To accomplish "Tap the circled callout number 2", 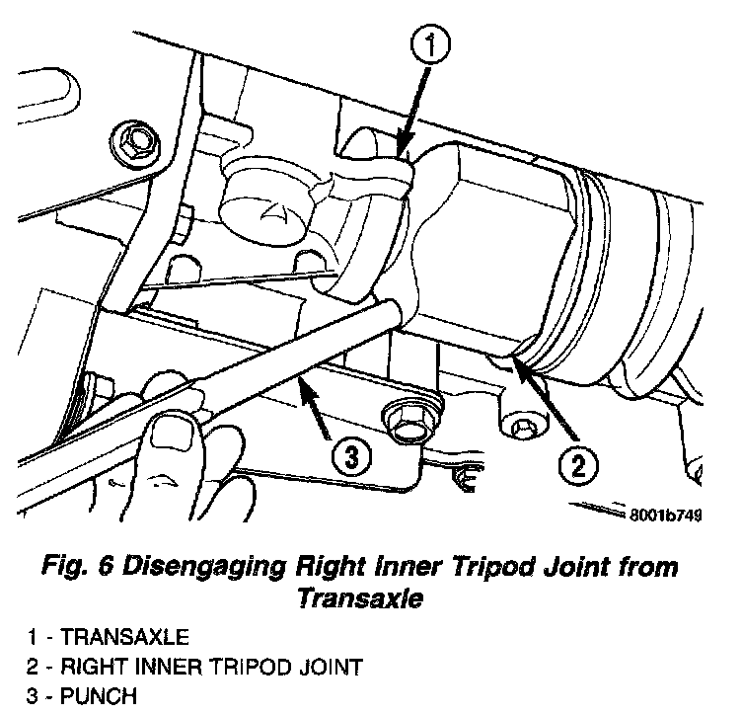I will click(x=579, y=462).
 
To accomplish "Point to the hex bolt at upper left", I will click(x=132, y=145).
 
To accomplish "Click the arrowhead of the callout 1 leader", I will click(x=402, y=152).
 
